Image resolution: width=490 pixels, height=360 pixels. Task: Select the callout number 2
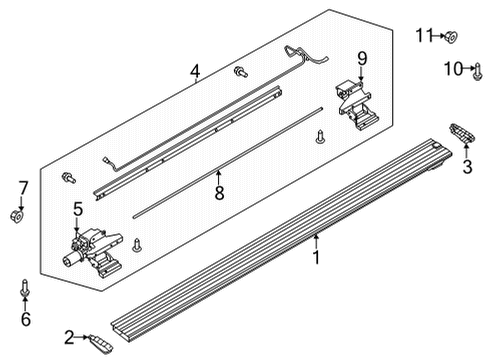coord(69,336)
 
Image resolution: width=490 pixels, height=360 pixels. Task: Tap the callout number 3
coord(466,168)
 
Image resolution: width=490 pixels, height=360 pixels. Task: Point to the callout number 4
coord(195,70)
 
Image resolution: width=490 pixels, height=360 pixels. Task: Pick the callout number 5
coord(77,209)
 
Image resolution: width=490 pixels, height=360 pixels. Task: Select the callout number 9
coord(361,58)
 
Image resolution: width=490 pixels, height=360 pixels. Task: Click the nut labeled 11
coord(451,37)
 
